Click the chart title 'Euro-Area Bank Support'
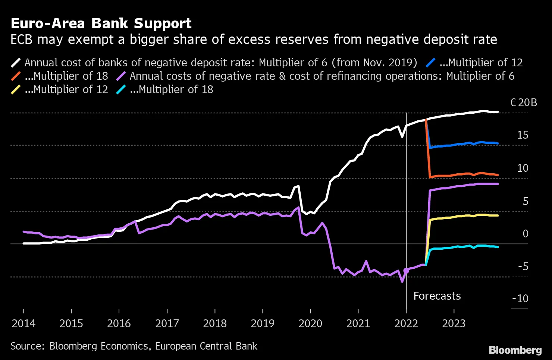101,23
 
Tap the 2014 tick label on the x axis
23,323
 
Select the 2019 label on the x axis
263,323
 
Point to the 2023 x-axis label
454,323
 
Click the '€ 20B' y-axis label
523,102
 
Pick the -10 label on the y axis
520,299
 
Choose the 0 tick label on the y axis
526,234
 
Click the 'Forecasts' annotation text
437,296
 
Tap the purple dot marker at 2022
406,271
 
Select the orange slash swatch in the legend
16,76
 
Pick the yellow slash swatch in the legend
16,89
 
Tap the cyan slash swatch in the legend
121,89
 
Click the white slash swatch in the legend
16,63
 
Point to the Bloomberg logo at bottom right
515,350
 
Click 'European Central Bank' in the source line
206,346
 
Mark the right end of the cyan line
498,247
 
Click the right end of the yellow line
498,215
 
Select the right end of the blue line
498,143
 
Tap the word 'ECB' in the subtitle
22,40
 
